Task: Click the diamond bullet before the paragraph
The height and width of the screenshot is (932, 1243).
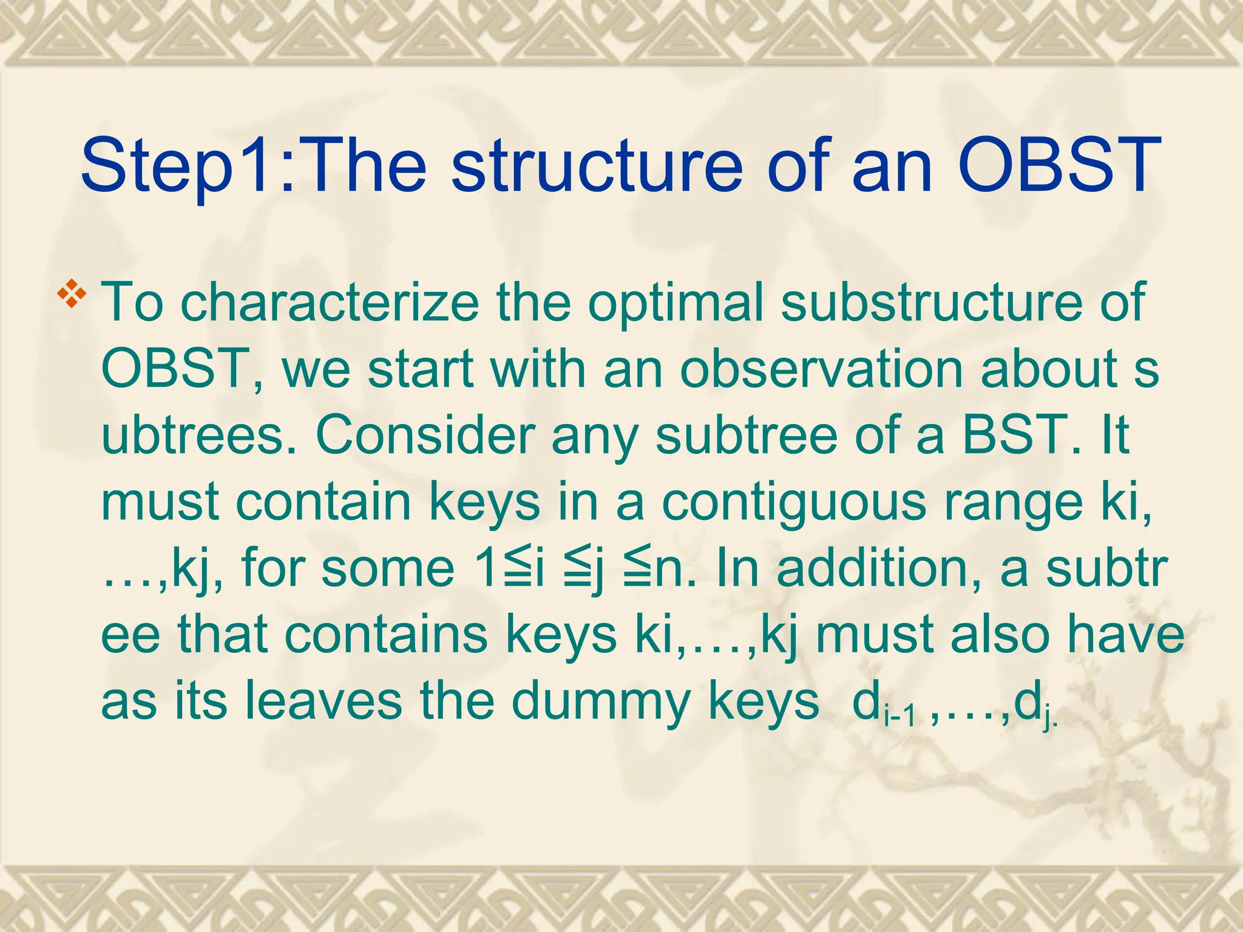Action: coord(72,293)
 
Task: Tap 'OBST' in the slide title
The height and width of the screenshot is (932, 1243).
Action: coord(1058,164)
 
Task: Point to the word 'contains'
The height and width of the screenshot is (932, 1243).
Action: coord(386,635)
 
